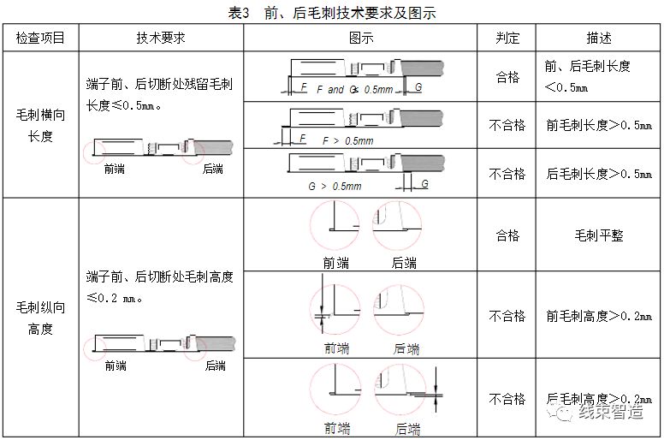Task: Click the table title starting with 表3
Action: tap(332, 13)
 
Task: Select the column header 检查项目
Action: tap(40, 39)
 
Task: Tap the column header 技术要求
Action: tap(161, 39)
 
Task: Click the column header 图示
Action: tap(360, 39)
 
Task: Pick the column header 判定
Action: tap(507, 39)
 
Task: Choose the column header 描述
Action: tap(598, 39)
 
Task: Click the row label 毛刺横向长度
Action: tap(40, 125)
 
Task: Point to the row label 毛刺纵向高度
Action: tap(40, 318)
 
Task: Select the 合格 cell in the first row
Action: tap(507, 76)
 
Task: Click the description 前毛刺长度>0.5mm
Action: tap(598, 125)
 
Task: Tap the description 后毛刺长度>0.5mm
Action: tap(598, 174)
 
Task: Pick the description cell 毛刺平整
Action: tap(598, 235)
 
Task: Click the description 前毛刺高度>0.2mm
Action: tap(598, 316)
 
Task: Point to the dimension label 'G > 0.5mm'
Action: tap(335, 186)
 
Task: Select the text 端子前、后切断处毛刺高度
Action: tap(159, 277)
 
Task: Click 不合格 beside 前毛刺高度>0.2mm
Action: tap(507, 316)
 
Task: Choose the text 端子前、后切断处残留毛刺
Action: tap(159, 85)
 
